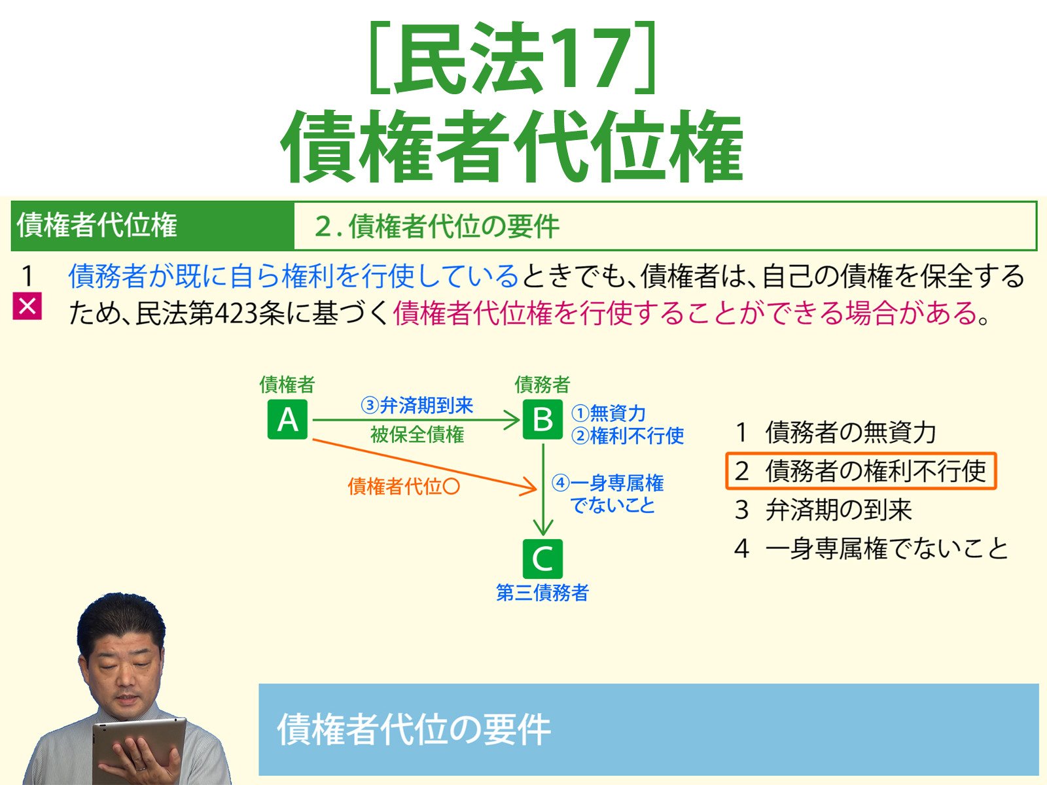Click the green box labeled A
tap(287, 419)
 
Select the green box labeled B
tap(542, 419)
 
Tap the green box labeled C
tap(542, 559)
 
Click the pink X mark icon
tap(27, 306)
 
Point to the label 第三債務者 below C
tap(542, 593)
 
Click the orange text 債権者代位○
tap(404, 486)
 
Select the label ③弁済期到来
tap(417, 406)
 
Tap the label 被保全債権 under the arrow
tap(417, 434)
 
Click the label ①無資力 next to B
tap(609, 413)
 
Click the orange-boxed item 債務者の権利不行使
tap(861, 470)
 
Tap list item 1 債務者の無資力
tap(836, 432)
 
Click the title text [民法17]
tap(512, 59)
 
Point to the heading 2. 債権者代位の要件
tap(436, 226)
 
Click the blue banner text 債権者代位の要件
tap(414, 729)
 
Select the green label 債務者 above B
tap(542, 384)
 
